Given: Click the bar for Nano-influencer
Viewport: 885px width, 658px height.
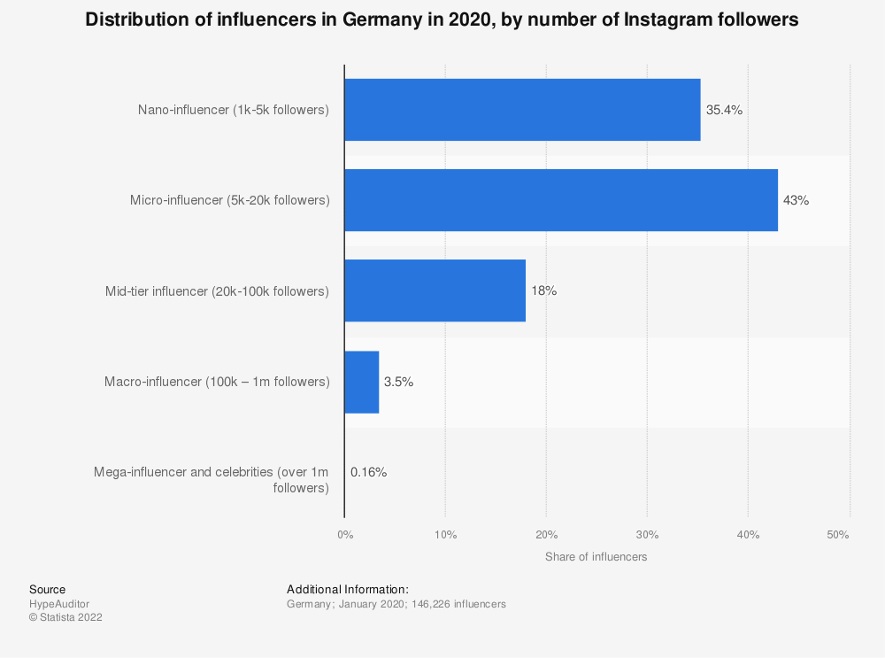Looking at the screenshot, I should click(x=522, y=110).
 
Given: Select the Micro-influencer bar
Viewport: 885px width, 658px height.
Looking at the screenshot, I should click(x=561, y=200).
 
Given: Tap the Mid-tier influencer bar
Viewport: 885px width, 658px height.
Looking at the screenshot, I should click(x=435, y=290).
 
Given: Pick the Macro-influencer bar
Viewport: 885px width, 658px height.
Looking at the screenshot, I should click(x=361, y=382).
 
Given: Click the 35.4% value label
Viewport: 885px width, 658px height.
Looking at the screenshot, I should click(x=724, y=111).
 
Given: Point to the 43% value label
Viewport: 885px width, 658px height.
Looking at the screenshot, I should click(x=796, y=201).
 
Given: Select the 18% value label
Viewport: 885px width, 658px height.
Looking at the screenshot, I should click(x=543, y=291).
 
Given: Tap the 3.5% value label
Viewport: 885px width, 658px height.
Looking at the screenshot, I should click(x=398, y=383).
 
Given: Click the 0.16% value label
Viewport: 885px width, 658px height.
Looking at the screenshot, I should click(x=368, y=472).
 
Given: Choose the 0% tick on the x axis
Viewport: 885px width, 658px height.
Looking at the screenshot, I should click(x=345, y=535).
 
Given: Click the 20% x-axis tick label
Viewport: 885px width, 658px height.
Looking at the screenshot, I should click(x=546, y=535).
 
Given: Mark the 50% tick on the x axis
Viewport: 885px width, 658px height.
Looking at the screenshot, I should click(x=838, y=535).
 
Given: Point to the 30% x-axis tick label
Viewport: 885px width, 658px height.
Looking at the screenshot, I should click(x=647, y=535).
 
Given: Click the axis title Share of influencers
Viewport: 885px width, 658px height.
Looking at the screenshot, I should click(x=596, y=557).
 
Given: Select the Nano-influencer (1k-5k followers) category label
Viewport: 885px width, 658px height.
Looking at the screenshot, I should click(x=233, y=110).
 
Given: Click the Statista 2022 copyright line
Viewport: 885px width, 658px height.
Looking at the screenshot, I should click(x=65, y=618).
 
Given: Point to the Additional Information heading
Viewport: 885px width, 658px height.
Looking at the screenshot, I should click(x=347, y=589).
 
